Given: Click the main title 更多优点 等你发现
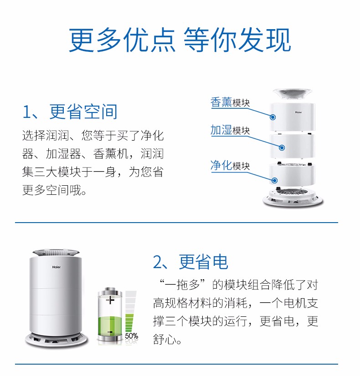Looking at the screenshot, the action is [x=180, y=40].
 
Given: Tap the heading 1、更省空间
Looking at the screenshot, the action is [x=70, y=112].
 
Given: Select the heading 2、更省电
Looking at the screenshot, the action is [x=190, y=262].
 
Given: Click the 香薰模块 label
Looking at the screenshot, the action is [x=230, y=102].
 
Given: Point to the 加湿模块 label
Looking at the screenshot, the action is [x=230, y=130].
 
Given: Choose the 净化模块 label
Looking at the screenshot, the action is [x=230, y=165].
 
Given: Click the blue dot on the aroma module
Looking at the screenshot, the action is [x=273, y=117].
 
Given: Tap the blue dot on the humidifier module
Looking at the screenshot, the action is [x=282, y=147].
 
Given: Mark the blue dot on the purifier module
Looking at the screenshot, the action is [x=275, y=180].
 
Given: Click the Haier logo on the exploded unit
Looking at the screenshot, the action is [x=298, y=112].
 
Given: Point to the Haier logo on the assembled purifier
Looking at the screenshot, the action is [x=57, y=267].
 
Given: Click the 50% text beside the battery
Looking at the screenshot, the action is [x=132, y=336].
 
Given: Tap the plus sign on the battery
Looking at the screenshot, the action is [x=110, y=300].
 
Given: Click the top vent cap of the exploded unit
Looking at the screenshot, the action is [x=292, y=94].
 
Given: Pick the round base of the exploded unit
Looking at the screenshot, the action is [x=293, y=198].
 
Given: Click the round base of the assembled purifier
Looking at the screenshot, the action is [x=57, y=340].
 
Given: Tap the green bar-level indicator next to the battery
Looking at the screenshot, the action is [x=129, y=323].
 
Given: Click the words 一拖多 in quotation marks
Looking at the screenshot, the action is [x=183, y=285].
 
